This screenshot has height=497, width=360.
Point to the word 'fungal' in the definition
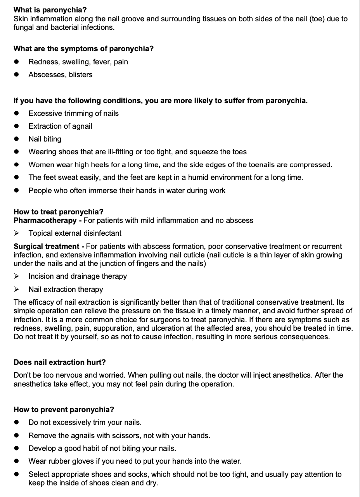tap(24, 28)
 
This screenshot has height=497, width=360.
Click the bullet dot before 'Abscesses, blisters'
tap(16, 75)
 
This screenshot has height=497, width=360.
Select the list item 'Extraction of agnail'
tap(60, 126)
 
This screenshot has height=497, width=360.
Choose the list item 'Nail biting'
tap(45, 139)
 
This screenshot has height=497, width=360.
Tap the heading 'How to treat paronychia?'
tap(58, 212)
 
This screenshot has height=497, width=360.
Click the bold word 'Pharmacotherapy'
tap(45, 220)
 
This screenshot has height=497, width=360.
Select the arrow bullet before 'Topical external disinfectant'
tap(16, 233)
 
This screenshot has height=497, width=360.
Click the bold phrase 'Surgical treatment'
tap(46, 246)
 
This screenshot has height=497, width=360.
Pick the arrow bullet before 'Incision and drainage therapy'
tap(16, 276)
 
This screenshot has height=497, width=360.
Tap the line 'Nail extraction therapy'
tap(66, 289)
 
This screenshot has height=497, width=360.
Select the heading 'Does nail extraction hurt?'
tap(59, 362)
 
